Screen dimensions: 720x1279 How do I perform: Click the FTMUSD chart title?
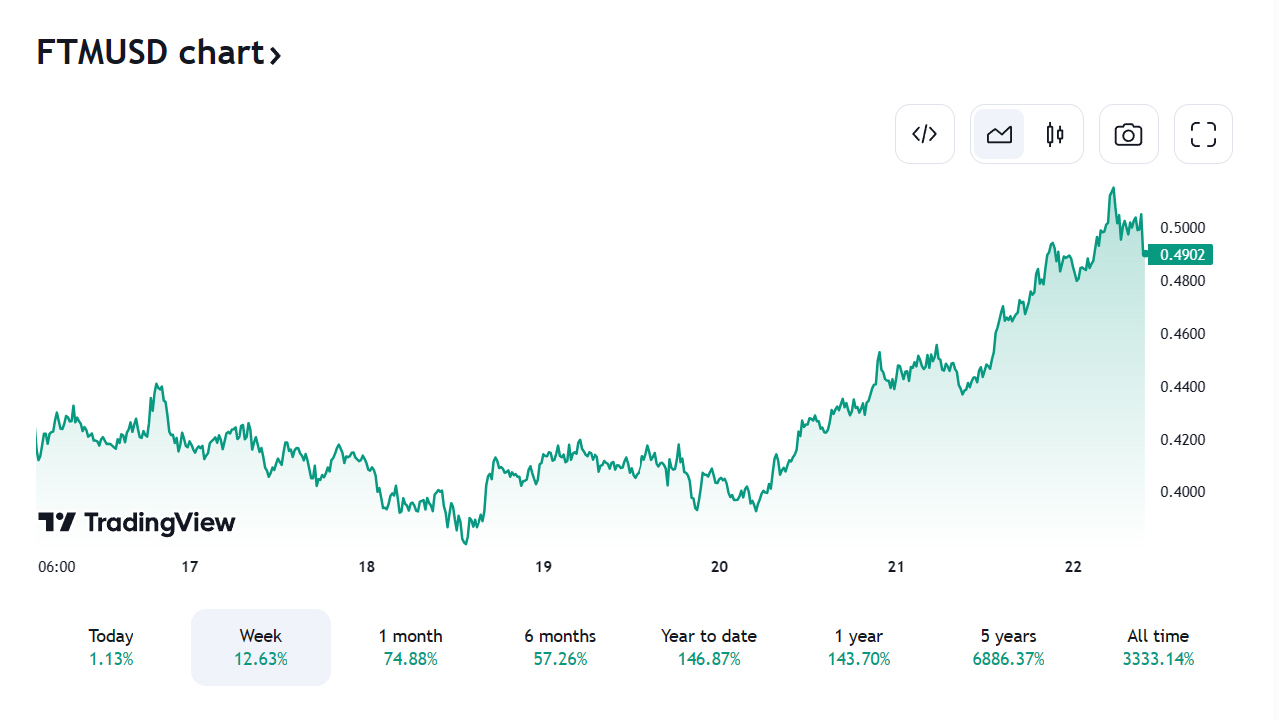pyautogui.click(x=159, y=53)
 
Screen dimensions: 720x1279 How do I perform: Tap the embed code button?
pyautogui.click(x=925, y=134)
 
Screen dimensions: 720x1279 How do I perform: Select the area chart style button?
pyautogui.click(x=999, y=134)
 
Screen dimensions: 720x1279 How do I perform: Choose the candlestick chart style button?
pyautogui.click(x=1055, y=134)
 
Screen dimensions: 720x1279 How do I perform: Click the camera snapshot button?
pyautogui.click(x=1128, y=134)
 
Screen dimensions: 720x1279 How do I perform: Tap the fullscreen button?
pyautogui.click(x=1203, y=134)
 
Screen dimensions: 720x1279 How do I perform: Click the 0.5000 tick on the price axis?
pyautogui.click(x=1182, y=228)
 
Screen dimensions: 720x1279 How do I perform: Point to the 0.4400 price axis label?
pyautogui.click(x=1182, y=387)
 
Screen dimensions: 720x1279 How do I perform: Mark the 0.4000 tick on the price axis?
pyautogui.click(x=1182, y=492)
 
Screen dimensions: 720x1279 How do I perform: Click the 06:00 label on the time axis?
pyautogui.click(x=57, y=567)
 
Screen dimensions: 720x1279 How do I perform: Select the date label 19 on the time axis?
pyautogui.click(x=543, y=567)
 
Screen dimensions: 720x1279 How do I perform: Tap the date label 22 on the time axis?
pyautogui.click(x=1073, y=567)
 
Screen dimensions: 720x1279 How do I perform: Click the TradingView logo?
pyautogui.click(x=137, y=522)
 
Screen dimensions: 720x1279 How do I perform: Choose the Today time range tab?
pyautogui.click(x=111, y=647)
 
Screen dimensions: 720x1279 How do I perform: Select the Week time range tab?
pyautogui.click(x=261, y=647)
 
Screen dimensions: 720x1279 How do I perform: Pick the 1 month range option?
pyautogui.click(x=410, y=647)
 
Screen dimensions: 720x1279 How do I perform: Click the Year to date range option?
pyautogui.click(x=709, y=647)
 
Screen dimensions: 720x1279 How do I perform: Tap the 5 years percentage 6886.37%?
pyautogui.click(x=1008, y=659)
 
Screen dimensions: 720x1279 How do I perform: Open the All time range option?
pyautogui.click(x=1158, y=647)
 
